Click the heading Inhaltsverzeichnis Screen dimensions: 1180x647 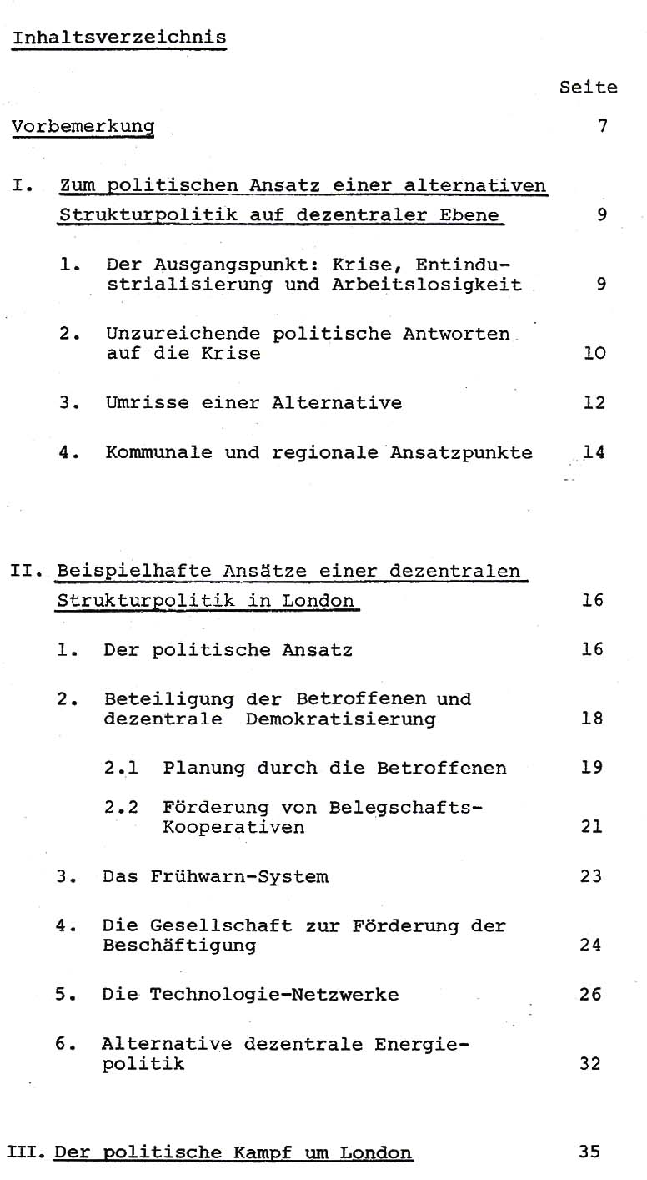(119, 38)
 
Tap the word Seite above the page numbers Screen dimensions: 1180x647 (589, 87)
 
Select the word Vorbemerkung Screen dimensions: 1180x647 (83, 127)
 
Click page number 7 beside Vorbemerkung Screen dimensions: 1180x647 (602, 127)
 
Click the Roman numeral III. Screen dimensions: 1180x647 (28, 1153)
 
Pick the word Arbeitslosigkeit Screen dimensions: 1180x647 (451, 285)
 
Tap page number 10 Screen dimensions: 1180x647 (594, 353)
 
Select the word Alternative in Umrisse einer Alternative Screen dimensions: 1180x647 (337, 403)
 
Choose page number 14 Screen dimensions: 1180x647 (594, 452)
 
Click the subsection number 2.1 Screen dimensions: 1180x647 (121, 768)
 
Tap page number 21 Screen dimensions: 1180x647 (592, 828)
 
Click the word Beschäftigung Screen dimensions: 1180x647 (179, 946)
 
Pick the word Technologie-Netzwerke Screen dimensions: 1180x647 (274, 995)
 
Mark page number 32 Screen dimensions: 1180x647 (590, 1065)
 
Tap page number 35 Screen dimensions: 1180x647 (589, 1153)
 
